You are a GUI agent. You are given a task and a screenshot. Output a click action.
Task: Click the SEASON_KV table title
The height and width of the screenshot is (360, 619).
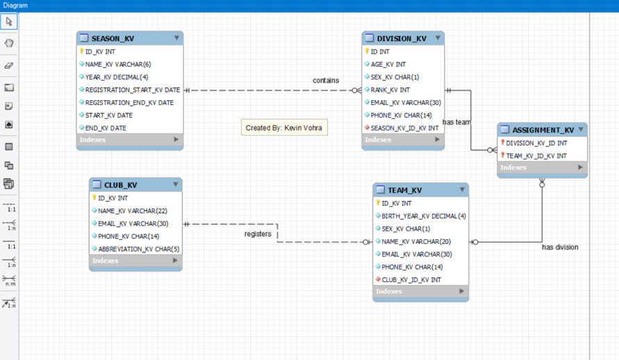click(113, 38)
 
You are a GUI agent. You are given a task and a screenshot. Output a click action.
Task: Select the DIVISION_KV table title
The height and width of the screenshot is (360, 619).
click(401, 38)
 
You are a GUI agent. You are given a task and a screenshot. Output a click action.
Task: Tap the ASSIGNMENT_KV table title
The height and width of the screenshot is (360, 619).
click(543, 130)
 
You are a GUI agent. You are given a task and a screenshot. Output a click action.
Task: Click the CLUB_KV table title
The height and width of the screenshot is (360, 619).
click(120, 185)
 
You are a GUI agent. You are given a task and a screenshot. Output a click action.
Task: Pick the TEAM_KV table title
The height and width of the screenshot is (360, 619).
click(404, 190)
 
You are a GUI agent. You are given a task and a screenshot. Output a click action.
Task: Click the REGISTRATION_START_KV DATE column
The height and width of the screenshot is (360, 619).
click(132, 90)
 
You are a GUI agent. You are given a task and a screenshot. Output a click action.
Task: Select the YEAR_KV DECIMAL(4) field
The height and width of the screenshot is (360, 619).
click(116, 77)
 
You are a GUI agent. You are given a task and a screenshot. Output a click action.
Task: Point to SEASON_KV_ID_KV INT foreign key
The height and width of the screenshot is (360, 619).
click(404, 128)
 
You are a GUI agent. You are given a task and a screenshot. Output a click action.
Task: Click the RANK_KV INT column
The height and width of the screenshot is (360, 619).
click(390, 90)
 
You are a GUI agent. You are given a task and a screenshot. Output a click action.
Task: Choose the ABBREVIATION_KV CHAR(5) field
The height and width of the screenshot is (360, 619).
click(138, 249)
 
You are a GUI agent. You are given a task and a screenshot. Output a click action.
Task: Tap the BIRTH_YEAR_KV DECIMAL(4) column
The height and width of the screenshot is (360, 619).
click(424, 216)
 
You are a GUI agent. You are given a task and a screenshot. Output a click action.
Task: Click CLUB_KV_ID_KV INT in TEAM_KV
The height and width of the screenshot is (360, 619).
click(411, 279)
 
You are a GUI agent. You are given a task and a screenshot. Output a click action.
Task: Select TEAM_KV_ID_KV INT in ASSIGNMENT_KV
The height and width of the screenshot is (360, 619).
click(536, 156)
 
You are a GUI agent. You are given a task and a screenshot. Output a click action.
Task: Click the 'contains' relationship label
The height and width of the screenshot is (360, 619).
click(326, 81)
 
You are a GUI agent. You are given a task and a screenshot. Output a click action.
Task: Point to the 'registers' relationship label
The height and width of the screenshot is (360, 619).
click(258, 234)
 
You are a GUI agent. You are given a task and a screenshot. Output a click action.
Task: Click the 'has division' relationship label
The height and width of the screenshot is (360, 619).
click(560, 247)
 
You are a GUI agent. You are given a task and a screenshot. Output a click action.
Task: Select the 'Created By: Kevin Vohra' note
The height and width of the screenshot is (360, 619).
click(283, 128)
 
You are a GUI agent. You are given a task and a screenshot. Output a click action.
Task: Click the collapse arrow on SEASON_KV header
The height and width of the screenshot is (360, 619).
click(176, 38)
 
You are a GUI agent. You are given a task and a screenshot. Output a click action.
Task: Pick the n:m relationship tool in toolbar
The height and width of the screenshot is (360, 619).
click(9, 281)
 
